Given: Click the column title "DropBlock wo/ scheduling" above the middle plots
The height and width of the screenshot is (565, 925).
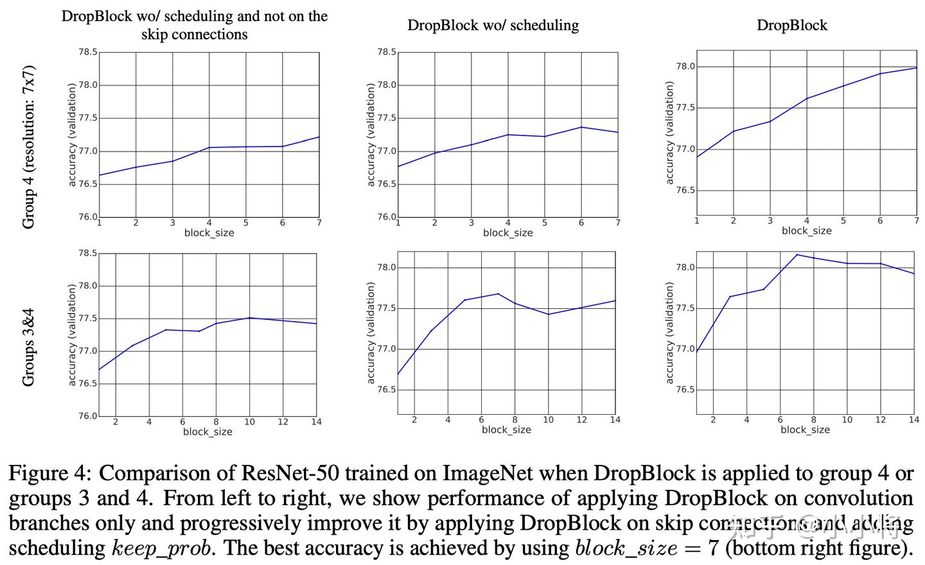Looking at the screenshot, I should tap(493, 25).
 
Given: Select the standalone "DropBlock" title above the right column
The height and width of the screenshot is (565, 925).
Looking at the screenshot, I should tap(791, 25).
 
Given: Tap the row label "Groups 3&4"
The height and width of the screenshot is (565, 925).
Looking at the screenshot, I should tap(28, 347).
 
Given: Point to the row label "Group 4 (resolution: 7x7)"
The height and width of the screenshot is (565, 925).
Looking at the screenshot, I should tap(28, 146).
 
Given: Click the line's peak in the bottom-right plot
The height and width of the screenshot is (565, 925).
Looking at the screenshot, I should tap(797, 255).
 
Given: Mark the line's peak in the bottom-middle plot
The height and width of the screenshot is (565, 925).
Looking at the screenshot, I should tap(498, 294).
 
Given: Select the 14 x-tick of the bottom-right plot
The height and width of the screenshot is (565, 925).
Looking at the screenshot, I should tap(913, 419).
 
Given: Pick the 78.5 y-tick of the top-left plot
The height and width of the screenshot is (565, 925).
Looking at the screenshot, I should tap(87, 52).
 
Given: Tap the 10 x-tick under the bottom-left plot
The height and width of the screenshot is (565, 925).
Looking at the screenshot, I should tap(249, 422).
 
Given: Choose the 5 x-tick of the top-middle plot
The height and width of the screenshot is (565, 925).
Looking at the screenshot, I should tap(545, 223).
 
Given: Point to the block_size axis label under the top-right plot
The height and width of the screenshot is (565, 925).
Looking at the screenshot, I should tap(806, 231).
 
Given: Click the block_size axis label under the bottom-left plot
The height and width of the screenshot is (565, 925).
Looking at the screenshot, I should tap(207, 432).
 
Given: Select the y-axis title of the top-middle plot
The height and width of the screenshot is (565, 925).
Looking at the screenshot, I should tap(371, 135).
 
